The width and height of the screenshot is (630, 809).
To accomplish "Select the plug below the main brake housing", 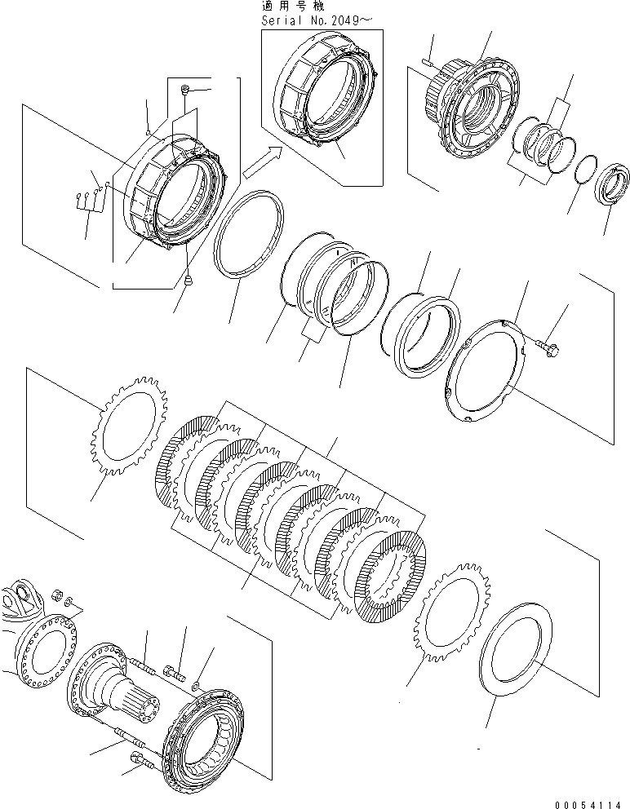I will point(188,280).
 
